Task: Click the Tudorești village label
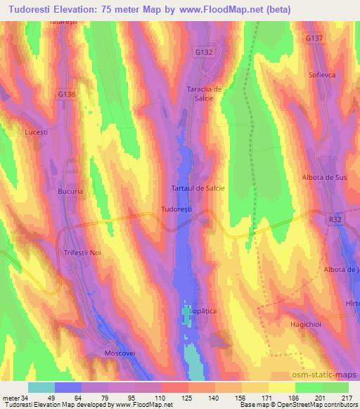(176, 209)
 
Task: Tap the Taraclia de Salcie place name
(204, 93)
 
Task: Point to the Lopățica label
(200, 309)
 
